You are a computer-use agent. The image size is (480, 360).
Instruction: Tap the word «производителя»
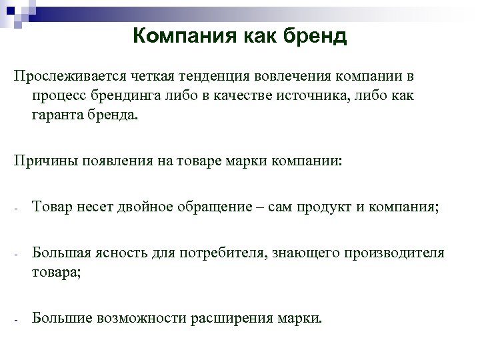tap(394, 253)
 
